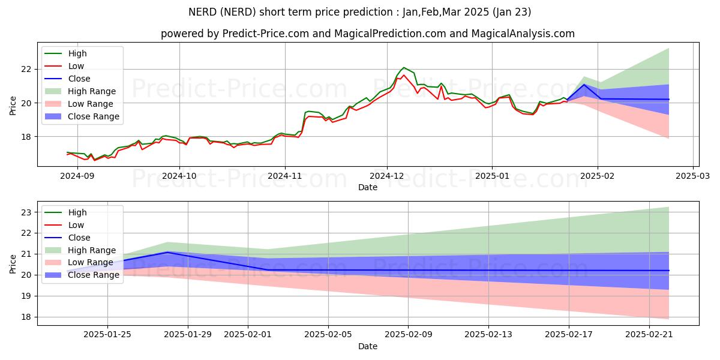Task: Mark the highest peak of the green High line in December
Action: [404, 68]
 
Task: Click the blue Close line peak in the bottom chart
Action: [167, 252]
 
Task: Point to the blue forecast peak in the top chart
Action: [584, 85]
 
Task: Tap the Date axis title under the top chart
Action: [368, 187]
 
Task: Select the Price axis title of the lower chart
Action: [13, 264]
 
